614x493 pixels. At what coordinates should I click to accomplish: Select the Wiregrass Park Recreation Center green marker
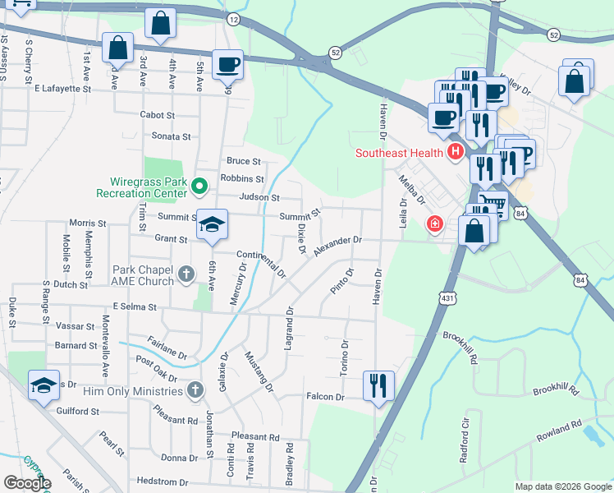(x=198, y=187)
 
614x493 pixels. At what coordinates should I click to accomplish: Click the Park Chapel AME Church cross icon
(x=186, y=274)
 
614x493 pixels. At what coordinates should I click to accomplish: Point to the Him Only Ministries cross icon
(x=195, y=389)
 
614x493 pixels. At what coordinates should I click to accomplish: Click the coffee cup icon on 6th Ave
(x=227, y=63)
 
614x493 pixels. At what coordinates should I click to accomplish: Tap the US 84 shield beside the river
(x=582, y=280)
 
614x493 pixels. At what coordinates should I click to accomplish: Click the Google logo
(x=27, y=482)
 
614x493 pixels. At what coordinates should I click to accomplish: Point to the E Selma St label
(x=135, y=306)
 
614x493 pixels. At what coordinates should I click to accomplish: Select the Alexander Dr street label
(x=337, y=246)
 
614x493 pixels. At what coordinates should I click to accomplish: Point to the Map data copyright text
(x=562, y=486)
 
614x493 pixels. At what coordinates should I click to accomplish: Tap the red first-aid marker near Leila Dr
(x=433, y=223)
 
